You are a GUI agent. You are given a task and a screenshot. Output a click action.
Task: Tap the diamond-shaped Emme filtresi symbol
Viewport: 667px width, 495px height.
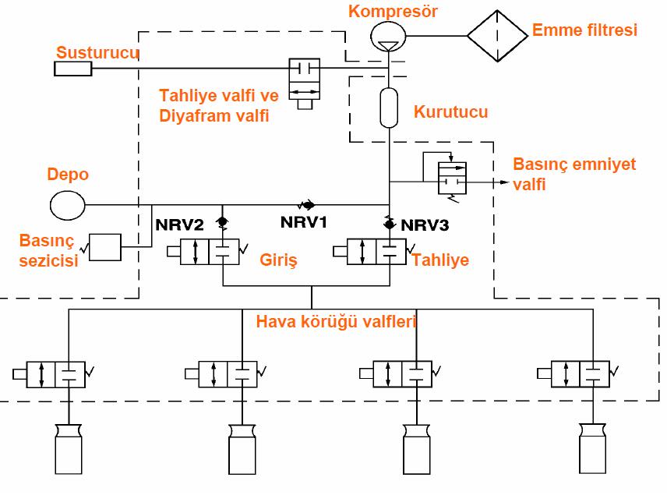coord(498,35)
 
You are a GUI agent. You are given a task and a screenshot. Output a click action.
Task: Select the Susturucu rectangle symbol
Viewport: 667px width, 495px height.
coord(72,69)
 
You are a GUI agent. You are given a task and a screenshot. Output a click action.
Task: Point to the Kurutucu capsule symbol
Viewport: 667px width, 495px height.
coord(388,108)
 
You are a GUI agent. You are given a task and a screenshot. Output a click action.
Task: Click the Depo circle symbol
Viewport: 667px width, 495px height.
coord(68,206)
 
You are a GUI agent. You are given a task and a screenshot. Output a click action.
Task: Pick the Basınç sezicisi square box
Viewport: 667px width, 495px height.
coord(107,248)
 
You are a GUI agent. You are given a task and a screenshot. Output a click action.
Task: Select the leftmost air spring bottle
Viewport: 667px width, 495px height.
coord(68,450)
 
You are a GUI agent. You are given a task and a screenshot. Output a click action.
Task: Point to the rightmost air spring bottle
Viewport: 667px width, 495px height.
coord(594,450)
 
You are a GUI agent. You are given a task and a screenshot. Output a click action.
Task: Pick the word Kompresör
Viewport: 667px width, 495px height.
coord(382,11)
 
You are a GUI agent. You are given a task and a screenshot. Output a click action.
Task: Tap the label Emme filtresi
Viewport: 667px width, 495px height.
coord(584,31)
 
